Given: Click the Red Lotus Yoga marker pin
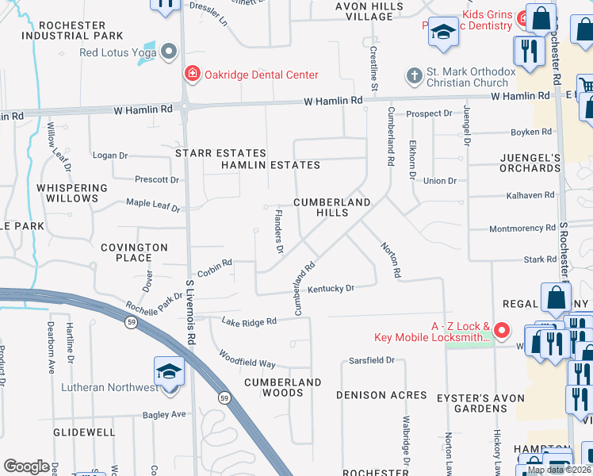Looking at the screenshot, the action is tap(168, 53).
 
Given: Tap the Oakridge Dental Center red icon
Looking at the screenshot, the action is tap(191, 75).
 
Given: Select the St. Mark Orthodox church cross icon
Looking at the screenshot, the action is tap(413, 76).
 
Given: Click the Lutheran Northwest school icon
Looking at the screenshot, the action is tap(170, 371).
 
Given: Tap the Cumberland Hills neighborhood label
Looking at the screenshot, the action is tap(332, 208).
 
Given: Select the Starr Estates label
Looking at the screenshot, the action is tap(220, 152).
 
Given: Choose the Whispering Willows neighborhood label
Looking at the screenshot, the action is tap(71, 193).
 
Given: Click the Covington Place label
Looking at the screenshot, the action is tap(134, 252).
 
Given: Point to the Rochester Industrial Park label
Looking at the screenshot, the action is tap(72, 30).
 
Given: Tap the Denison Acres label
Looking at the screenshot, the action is tap(382, 394).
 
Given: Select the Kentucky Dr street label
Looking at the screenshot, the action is tap(331, 289).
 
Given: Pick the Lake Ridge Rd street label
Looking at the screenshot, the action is tap(249, 321).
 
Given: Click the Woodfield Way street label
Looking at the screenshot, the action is tap(247, 359).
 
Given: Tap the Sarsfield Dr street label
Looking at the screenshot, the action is tap(372, 360).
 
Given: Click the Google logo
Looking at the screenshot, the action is tap(27, 466).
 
